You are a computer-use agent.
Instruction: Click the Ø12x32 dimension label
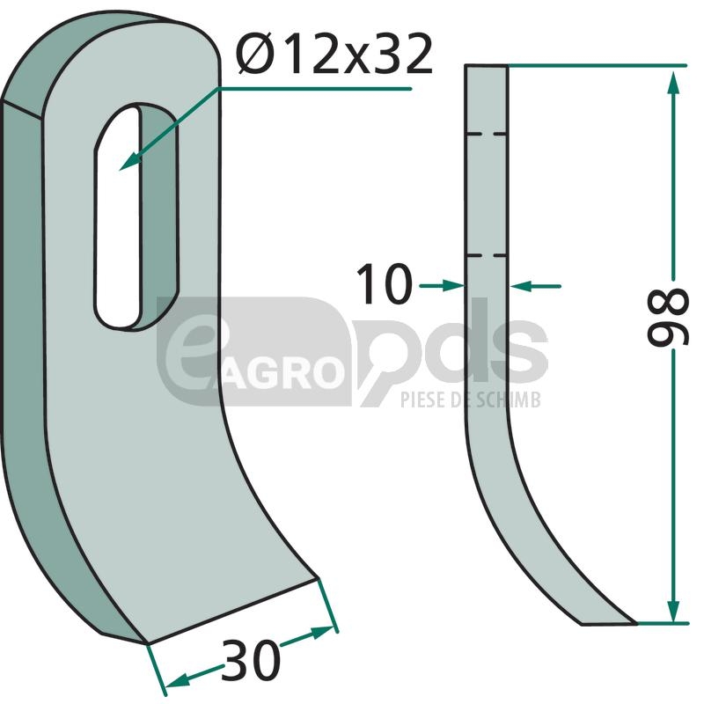pos(335,55)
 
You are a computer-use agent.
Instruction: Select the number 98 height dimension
pos(668,318)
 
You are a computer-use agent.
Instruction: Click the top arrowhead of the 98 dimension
pos(672,82)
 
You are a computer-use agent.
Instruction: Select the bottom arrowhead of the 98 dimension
pos(672,609)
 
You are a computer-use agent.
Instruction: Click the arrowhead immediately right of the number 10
pos(452,285)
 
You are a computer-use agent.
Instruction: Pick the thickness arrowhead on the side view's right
pos(521,285)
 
